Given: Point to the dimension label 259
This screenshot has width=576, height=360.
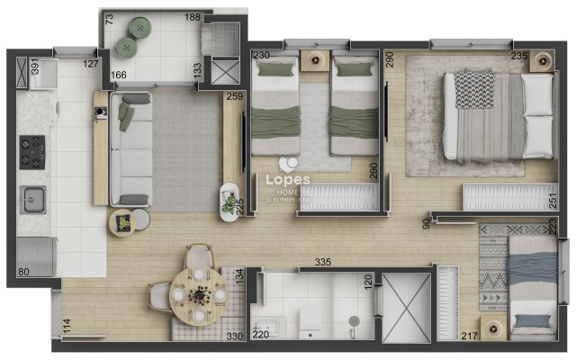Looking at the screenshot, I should click(235, 97).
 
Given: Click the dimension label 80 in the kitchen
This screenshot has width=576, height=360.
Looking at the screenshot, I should click(24, 272).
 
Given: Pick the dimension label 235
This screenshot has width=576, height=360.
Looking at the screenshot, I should click(519, 56).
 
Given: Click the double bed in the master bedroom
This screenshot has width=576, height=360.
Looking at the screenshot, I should click(496, 117).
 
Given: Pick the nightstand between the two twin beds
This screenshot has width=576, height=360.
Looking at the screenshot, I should click(316, 59).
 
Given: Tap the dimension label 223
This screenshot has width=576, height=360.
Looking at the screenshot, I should click(551, 227).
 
